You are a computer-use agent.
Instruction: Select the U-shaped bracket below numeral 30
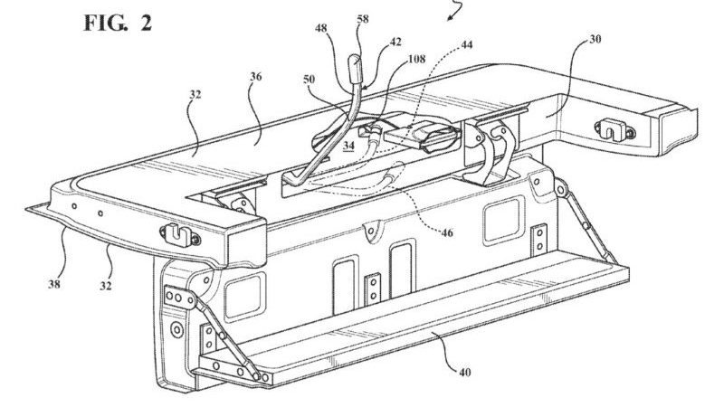click(614, 129)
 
